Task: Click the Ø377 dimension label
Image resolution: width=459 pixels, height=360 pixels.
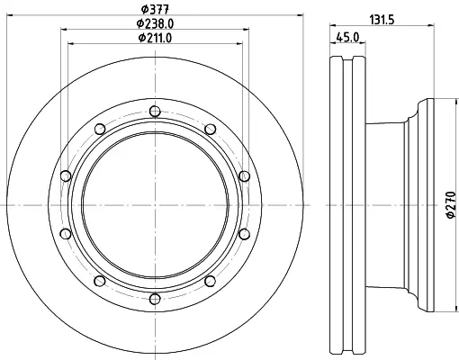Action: [x=156, y=10]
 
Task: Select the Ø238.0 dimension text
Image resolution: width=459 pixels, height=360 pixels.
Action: [x=155, y=23]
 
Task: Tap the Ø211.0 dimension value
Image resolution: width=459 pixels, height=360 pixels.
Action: [x=155, y=38]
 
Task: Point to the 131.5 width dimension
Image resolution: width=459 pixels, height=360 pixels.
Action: [x=382, y=20]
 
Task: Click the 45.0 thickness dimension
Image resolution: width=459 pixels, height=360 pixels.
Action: [x=347, y=37]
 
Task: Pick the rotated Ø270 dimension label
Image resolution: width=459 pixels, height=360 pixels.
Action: [x=451, y=205]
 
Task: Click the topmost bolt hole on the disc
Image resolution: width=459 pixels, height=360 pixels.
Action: [x=155, y=112]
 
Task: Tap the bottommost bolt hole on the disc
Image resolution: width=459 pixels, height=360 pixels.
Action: [x=155, y=299]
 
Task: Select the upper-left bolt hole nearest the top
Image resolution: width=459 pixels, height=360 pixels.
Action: [x=100, y=130]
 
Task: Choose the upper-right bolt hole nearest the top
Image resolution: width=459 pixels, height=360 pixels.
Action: [x=211, y=130]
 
